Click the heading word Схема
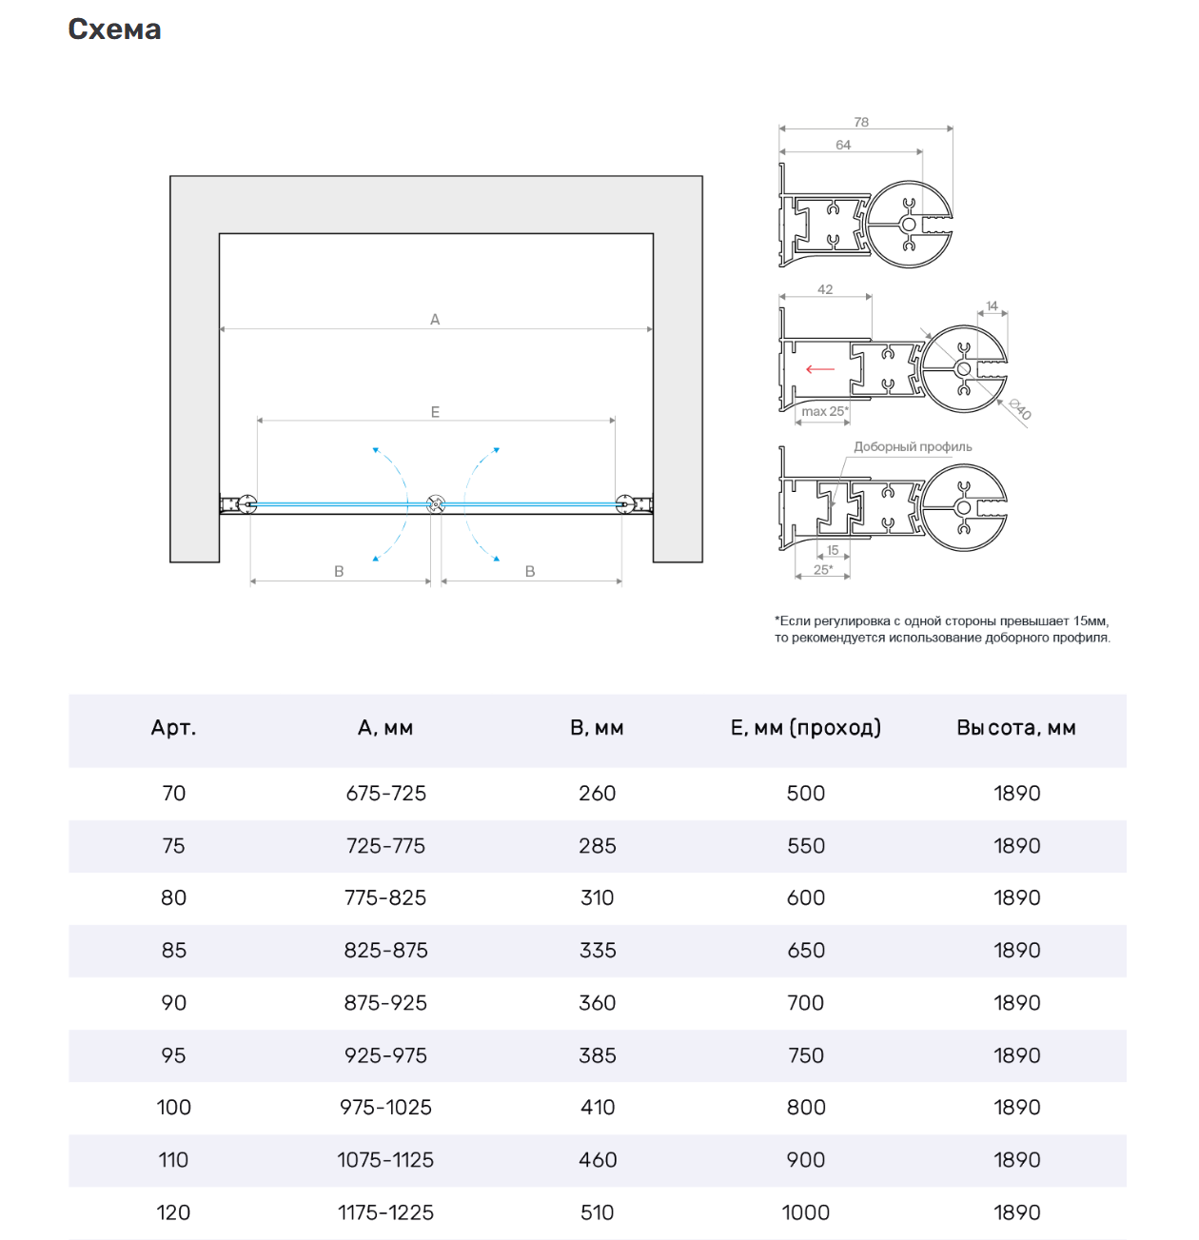114,30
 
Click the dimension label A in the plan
435,320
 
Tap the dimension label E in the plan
435,412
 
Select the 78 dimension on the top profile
861,122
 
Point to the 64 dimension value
843,145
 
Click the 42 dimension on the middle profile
825,289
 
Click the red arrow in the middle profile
819,369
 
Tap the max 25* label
824,411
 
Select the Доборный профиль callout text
913,446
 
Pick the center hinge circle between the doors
436,503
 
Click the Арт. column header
173,728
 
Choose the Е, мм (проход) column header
806,728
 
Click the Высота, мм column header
1016,728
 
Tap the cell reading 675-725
385,794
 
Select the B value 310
598,897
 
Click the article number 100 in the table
174,1107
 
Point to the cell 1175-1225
385,1212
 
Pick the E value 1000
806,1212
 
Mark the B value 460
598,1160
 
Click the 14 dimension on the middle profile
992,306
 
